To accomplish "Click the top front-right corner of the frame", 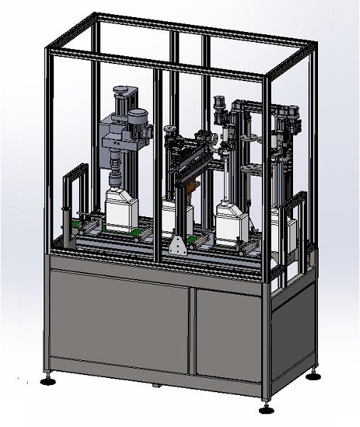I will tap(270, 73).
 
